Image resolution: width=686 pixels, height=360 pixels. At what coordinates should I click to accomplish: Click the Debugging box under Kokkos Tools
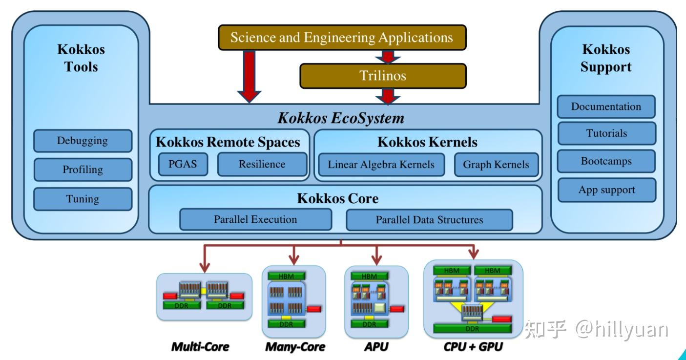(x=83, y=141)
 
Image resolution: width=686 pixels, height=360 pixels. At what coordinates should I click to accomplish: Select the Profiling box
(x=83, y=169)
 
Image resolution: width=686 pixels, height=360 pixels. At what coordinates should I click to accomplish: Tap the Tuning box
(x=83, y=199)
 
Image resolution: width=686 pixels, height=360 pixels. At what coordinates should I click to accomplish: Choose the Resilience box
(x=262, y=164)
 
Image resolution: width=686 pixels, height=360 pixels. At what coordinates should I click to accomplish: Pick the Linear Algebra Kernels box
(x=381, y=165)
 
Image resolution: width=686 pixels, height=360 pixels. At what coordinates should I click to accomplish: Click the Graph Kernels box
(x=496, y=165)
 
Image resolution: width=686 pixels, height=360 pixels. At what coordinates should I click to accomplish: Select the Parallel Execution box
(x=255, y=219)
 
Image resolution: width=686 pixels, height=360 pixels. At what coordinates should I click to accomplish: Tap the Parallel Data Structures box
(x=429, y=220)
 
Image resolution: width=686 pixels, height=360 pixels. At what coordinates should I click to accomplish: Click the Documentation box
(x=606, y=106)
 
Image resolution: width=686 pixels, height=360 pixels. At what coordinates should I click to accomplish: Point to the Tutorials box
(x=606, y=133)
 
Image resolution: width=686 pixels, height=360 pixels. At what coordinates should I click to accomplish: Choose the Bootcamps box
(x=606, y=161)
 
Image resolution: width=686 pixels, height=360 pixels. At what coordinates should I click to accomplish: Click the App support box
(x=606, y=190)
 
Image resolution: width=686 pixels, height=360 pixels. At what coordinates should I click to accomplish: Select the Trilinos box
(x=383, y=76)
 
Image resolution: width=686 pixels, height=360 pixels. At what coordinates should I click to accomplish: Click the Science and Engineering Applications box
(x=342, y=38)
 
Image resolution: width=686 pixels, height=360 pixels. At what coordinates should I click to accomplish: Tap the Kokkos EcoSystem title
(x=341, y=118)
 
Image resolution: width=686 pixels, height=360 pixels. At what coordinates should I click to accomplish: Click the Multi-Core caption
(x=200, y=347)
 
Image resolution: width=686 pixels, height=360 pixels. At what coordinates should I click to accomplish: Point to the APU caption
(x=376, y=347)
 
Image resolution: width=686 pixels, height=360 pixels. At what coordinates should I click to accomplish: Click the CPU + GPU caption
(x=473, y=347)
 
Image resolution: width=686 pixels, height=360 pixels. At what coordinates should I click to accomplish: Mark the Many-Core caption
(x=295, y=347)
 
